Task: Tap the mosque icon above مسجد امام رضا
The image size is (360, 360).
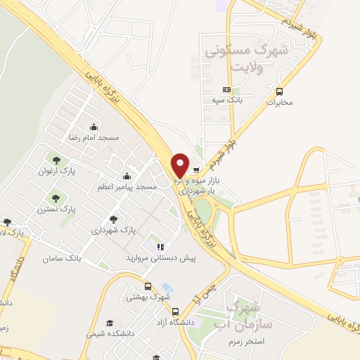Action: point(94,127)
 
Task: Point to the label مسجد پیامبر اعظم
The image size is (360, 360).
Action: point(127,187)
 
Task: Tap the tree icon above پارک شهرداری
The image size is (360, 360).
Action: point(113,219)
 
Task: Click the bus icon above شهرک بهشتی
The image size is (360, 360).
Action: point(148,286)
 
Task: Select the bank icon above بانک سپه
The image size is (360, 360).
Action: point(226,90)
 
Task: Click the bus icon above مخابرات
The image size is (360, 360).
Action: point(280,91)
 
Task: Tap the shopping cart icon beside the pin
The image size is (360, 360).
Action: point(196,169)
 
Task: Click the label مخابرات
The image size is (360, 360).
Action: point(279,103)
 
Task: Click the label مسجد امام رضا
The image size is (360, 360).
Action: point(94,138)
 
